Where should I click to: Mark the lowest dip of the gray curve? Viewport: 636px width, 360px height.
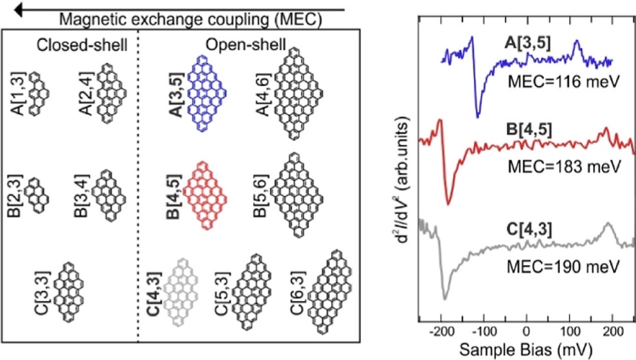pos(445,299)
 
